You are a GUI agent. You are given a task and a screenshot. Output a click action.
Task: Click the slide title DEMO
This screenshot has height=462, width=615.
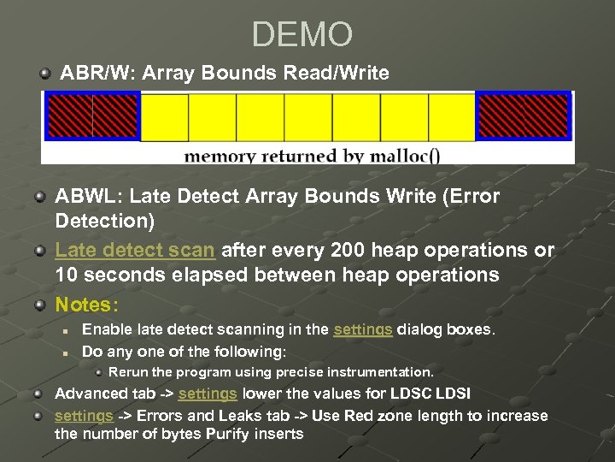pyautogui.click(x=302, y=35)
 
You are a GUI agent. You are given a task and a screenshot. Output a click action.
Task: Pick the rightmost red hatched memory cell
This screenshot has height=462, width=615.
pyautogui.click(x=547, y=116)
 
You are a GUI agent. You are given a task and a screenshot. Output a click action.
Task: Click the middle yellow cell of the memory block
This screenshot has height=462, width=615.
pyautogui.click(x=307, y=116)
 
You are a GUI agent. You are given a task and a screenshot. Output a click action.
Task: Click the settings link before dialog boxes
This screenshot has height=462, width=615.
pyautogui.click(x=363, y=329)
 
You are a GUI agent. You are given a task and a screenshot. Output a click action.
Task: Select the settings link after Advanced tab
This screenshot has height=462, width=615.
pyautogui.click(x=208, y=394)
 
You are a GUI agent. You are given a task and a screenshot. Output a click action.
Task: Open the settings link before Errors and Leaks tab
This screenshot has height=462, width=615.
pyautogui.click(x=84, y=416)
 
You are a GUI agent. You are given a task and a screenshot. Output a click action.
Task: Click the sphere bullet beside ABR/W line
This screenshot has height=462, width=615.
pyautogui.click(x=44, y=74)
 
